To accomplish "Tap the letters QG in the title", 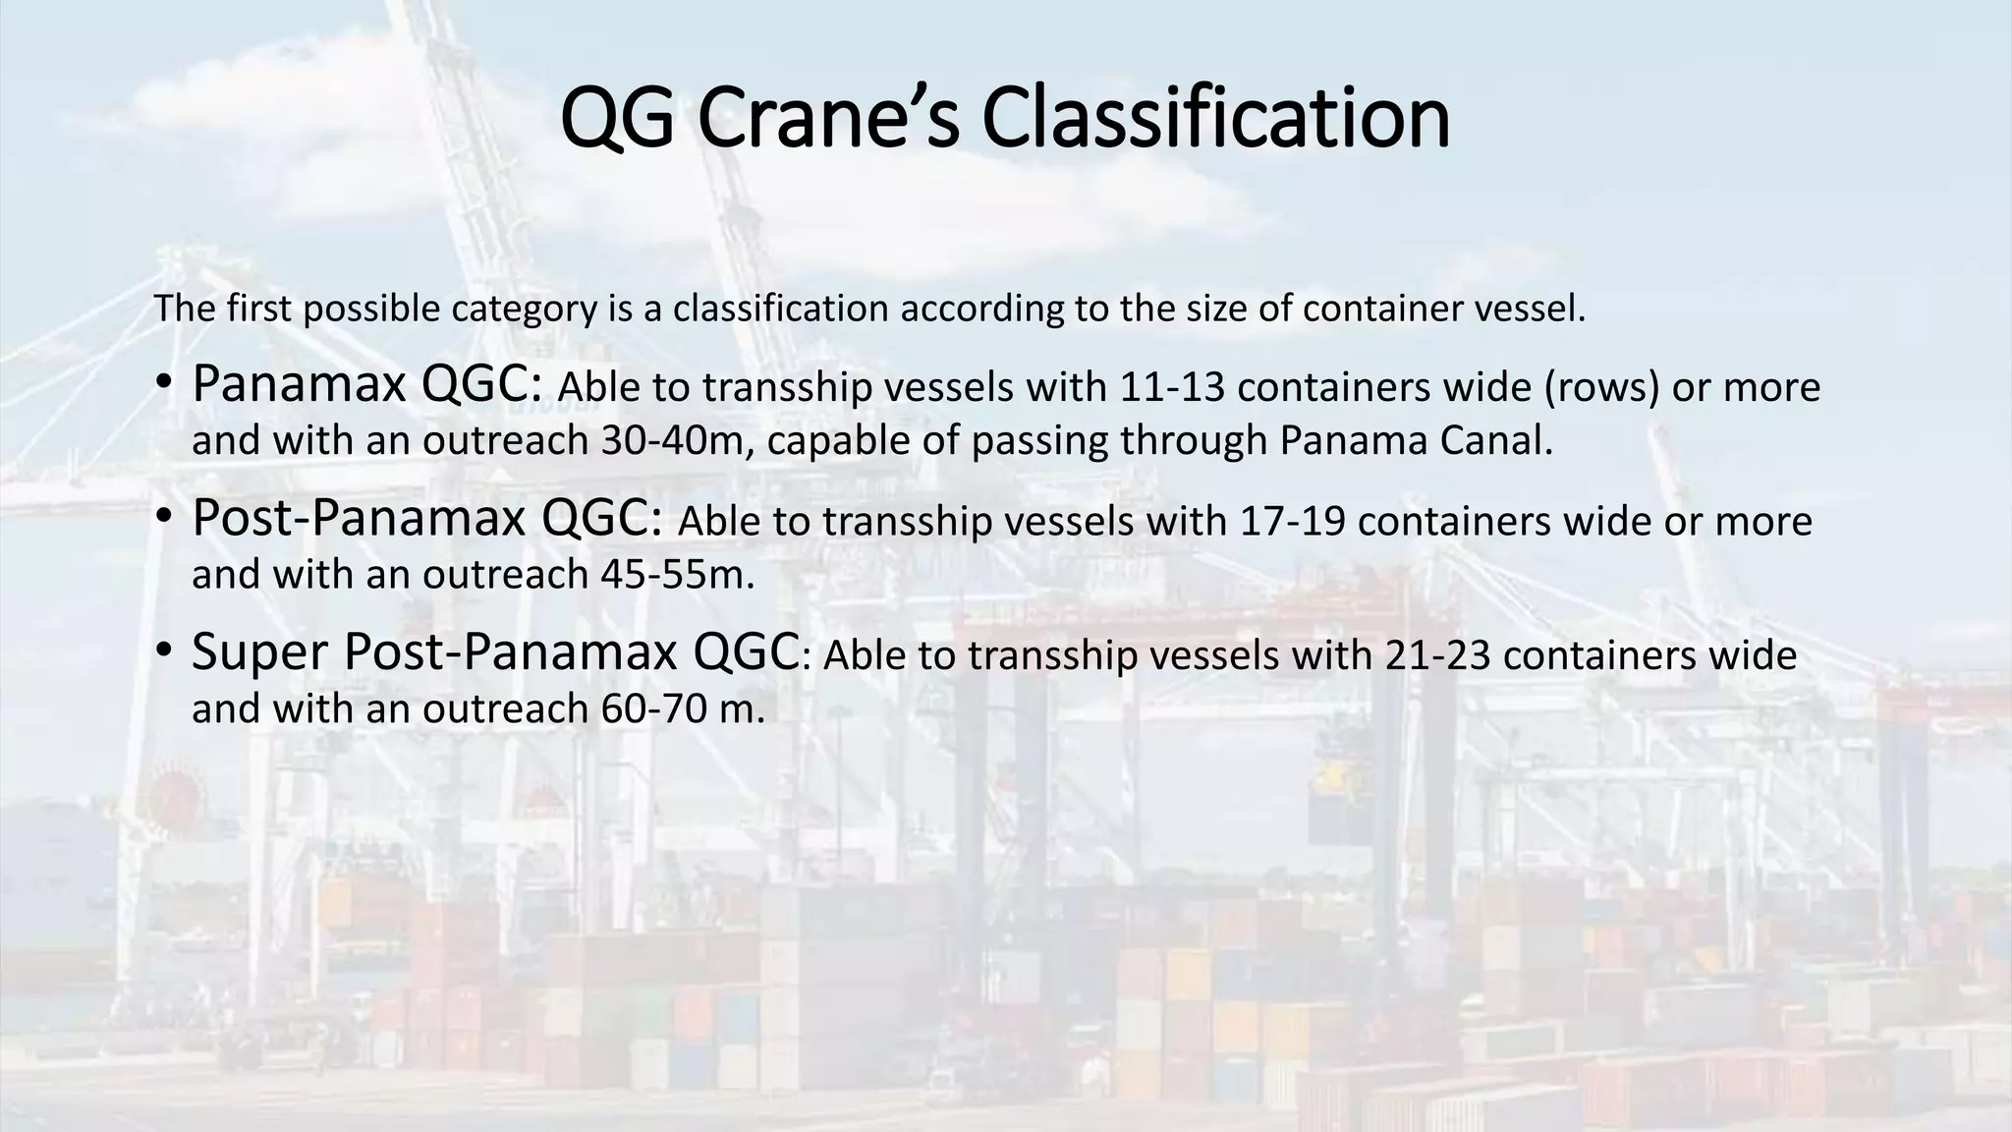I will click(617, 118).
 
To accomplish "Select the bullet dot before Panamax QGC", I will click(163, 385).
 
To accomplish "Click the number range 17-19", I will click(1293, 522).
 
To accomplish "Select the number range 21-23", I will click(1438, 655).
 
